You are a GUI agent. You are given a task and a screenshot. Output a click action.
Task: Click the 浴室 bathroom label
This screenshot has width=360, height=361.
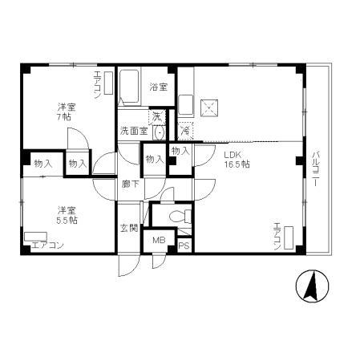coord(158,87)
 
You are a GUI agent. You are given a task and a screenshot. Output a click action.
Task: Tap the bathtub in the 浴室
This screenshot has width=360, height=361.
coord(129,87)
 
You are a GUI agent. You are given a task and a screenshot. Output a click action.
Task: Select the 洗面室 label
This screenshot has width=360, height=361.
coord(134,130)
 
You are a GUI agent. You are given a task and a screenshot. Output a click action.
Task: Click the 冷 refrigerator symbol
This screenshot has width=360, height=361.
coord(184,129)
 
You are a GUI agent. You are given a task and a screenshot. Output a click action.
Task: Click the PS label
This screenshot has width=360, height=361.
coord(184,245)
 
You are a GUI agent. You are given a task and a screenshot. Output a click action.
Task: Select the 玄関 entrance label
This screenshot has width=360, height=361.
coord(128,229)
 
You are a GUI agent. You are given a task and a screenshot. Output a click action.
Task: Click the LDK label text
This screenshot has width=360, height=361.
coord(233,153)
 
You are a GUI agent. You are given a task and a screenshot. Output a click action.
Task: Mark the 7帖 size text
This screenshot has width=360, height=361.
coord(63,117)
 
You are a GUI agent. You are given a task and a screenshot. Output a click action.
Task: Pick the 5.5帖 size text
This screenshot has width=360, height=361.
coord(65,218)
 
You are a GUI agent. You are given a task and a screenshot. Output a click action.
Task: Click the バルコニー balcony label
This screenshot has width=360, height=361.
coord(316,168)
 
